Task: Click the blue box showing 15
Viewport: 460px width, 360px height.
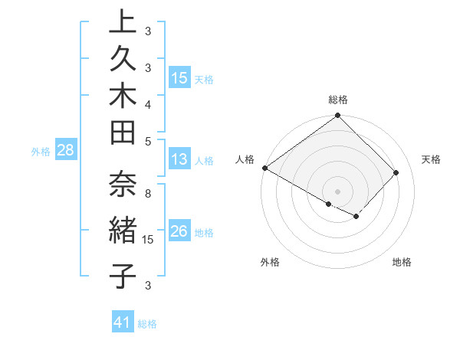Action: [179, 77]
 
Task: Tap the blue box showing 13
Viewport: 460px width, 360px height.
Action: [179, 160]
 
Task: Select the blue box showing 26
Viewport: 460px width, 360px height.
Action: [179, 231]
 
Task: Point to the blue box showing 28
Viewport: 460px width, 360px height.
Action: [65, 151]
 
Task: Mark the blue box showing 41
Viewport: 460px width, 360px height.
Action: [123, 323]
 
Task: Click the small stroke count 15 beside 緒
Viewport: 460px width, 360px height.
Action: [148, 240]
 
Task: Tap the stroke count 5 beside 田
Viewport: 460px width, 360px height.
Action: [148, 141]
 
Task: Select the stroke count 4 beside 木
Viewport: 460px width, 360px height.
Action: [148, 103]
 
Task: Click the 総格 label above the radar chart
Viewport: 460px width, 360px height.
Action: [337, 100]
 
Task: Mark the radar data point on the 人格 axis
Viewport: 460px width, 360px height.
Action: [264, 168]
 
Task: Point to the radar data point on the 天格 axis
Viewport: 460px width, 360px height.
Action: [396, 172]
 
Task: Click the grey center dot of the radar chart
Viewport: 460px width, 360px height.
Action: [337, 191]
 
